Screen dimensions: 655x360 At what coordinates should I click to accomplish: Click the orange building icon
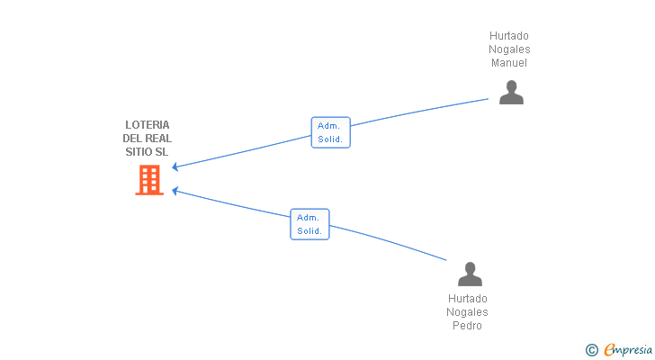149,180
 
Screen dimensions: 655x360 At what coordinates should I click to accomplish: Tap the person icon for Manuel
511,93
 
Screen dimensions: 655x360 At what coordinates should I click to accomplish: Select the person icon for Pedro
470,274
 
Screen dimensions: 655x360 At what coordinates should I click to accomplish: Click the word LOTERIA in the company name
148,125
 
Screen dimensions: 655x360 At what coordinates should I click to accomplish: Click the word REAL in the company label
158,139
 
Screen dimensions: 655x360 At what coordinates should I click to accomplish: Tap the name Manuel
509,63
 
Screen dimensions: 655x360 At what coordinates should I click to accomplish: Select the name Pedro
468,325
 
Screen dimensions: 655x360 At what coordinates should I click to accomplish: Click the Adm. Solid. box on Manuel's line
331,132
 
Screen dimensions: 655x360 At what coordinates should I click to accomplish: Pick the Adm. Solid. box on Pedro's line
310,224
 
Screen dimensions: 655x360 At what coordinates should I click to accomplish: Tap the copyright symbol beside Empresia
591,350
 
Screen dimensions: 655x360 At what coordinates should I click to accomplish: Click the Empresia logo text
628,349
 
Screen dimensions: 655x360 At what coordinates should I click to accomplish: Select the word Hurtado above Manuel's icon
509,36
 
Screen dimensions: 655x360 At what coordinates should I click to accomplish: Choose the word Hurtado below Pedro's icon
468,299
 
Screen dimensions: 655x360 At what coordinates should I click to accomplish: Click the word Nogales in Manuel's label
509,49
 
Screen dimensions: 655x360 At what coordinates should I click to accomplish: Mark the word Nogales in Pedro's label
468,312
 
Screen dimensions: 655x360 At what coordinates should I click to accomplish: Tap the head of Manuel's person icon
511,86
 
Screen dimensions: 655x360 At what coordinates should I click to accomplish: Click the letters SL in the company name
162,151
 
